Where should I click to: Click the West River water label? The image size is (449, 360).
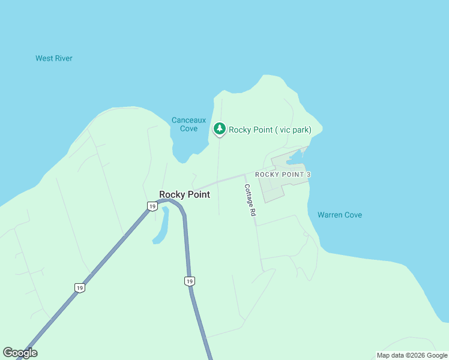[54, 58]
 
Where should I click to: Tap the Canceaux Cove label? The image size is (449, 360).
[185, 124]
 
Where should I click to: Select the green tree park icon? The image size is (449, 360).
[220, 128]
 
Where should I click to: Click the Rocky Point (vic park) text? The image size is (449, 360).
[270, 130]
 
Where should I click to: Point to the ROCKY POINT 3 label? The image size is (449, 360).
[283, 175]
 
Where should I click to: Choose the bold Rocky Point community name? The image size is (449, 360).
[184, 194]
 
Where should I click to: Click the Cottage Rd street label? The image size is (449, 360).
[250, 200]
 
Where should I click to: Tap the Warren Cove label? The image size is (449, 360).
[340, 215]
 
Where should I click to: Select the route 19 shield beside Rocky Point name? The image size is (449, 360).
[152, 206]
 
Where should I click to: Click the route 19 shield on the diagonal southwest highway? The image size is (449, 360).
[80, 288]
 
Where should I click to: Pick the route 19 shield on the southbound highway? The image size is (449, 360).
[190, 281]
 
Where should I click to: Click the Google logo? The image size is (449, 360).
[20, 353]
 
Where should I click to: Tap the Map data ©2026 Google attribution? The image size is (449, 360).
[412, 355]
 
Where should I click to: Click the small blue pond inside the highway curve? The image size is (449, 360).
[161, 226]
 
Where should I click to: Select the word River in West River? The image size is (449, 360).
[63, 58]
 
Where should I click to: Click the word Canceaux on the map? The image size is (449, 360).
[185, 120]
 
